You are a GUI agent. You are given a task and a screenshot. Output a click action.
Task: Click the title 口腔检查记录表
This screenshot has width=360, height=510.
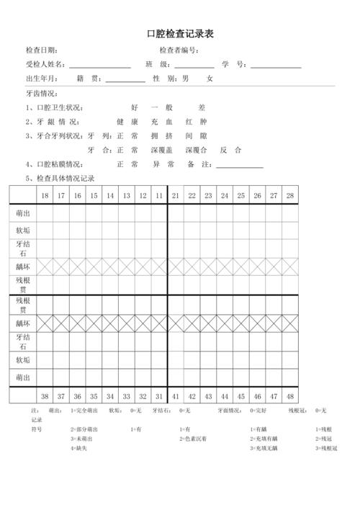point(180,34)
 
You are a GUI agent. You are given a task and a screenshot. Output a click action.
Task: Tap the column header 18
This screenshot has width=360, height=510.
point(45,196)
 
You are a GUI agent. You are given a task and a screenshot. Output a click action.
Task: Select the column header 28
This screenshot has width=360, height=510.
point(289,196)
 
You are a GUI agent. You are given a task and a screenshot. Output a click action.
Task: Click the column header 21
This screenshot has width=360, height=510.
point(176,196)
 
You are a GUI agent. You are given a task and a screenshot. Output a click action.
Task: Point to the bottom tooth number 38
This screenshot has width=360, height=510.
point(45,395)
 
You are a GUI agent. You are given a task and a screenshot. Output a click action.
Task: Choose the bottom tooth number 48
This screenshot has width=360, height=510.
point(289,395)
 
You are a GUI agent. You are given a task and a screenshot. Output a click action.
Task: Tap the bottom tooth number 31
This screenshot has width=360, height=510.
point(159,395)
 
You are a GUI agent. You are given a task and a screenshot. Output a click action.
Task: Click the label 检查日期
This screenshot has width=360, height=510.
point(41,50)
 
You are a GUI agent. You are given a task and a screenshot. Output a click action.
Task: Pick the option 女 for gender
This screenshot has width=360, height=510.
point(210,79)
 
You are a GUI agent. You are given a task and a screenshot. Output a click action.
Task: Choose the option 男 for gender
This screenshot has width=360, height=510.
point(186,79)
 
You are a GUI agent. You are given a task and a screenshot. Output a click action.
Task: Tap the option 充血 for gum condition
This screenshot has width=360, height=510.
point(158,122)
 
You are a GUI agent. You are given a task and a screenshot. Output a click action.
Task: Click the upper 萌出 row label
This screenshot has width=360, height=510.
point(23,214)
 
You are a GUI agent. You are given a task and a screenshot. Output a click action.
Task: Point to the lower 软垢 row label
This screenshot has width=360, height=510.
point(23,359)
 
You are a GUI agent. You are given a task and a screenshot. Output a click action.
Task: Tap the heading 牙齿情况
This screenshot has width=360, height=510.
point(41,94)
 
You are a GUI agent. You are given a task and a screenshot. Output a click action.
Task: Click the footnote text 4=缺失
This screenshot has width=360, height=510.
point(79,448)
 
